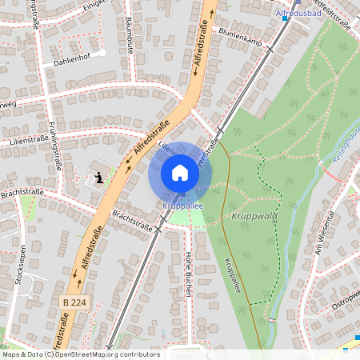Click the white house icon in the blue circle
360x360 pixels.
[180, 172]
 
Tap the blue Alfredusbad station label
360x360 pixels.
[298, 14]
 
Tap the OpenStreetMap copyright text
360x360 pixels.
[80, 354]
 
